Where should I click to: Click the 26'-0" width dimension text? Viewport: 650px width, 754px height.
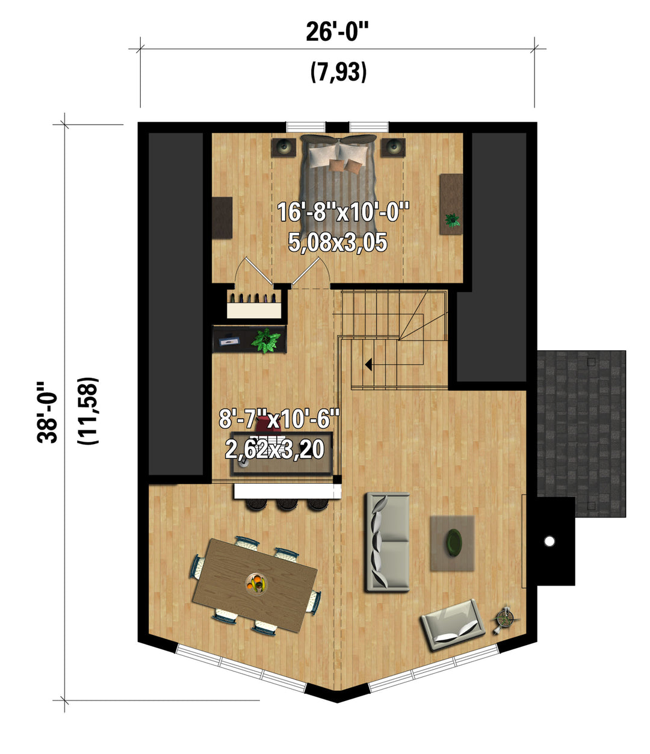tap(338, 32)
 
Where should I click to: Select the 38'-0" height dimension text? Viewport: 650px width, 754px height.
tap(48, 412)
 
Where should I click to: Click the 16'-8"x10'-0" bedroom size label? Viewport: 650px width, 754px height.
tap(343, 212)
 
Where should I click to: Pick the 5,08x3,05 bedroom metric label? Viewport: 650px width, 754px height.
tap(338, 242)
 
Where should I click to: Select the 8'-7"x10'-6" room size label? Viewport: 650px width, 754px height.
tap(279, 418)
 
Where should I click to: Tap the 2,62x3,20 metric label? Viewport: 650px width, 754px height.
tap(274, 449)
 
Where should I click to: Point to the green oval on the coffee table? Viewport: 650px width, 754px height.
tap(454, 543)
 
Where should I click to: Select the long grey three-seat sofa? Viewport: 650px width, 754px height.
tap(388, 542)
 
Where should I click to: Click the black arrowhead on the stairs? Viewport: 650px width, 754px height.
tap(368, 364)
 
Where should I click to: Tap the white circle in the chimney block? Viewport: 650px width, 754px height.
tap(549, 542)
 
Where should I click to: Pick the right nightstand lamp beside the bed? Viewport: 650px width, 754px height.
tap(393, 147)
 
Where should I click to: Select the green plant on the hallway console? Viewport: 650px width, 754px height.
tap(266, 340)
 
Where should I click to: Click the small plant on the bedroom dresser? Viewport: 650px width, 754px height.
tap(453, 220)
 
